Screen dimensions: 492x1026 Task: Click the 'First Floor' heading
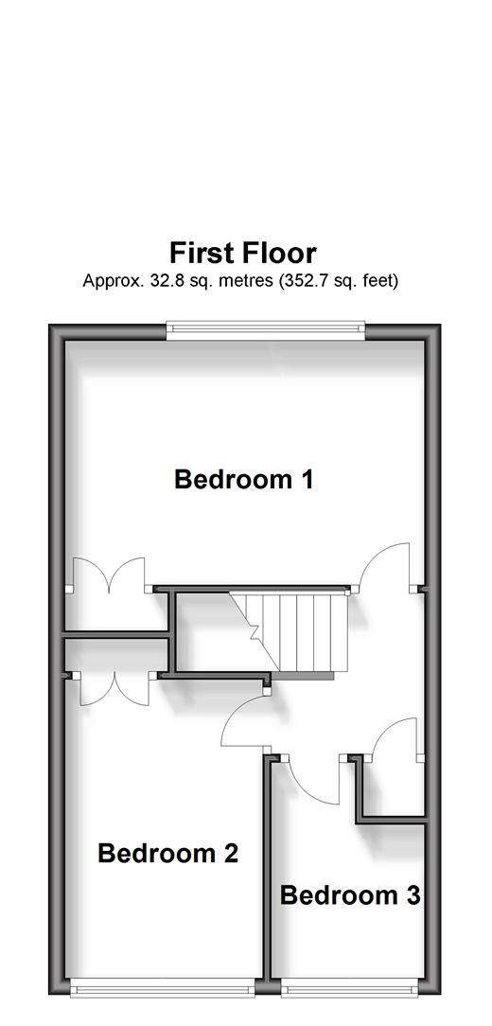[243, 253]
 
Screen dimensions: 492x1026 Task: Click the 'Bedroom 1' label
[243, 480]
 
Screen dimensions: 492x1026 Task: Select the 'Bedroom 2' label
[167, 853]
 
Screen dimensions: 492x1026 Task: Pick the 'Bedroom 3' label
[350, 895]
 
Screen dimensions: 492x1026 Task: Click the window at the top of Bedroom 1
[266, 330]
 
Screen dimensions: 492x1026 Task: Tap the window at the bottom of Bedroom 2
[162, 991]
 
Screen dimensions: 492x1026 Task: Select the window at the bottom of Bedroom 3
[349, 991]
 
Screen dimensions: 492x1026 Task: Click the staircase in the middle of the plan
[287, 632]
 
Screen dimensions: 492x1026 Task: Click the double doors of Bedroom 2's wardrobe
[115, 688]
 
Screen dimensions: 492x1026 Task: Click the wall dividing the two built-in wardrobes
[115, 633]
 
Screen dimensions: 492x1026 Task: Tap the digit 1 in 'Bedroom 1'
[307, 480]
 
